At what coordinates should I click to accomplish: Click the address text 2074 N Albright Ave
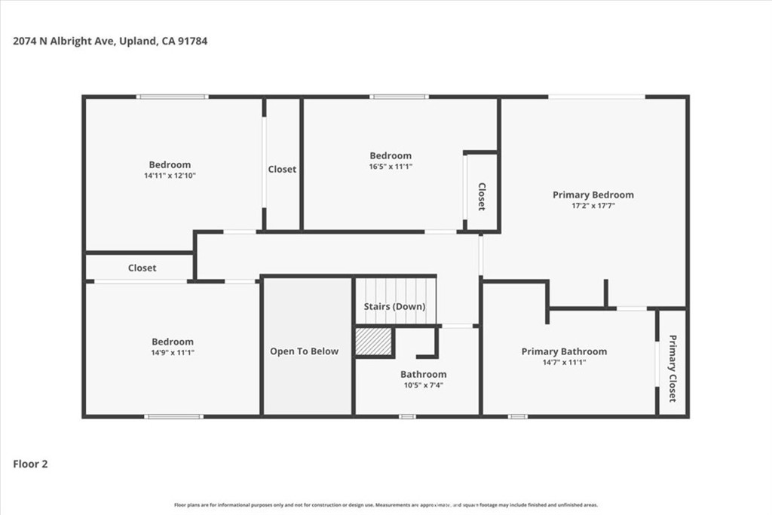pyautogui.click(x=64, y=41)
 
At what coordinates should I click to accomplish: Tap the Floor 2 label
pyautogui.click(x=30, y=464)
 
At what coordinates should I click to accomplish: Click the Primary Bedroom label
pyautogui.click(x=593, y=195)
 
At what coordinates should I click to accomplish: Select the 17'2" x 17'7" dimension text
pyautogui.click(x=593, y=206)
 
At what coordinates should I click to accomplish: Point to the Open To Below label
pyautogui.click(x=305, y=351)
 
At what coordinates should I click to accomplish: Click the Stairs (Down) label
pyautogui.click(x=394, y=306)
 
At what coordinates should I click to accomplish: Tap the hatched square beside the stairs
pyautogui.click(x=374, y=342)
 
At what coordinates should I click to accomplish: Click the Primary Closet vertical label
pyautogui.click(x=672, y=368)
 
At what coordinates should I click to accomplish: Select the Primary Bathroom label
pyautogui.click(x=564, y=351)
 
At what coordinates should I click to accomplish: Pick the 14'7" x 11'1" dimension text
pyautogui.click(x=564, y=363)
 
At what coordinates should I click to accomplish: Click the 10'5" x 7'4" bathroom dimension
pyautogui.click(x=424, y=385)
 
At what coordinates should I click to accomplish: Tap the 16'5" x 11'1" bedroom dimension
pyautogui.click(x=391, y=167)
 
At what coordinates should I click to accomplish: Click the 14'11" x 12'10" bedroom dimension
pyautogui.click(x=170, y=175)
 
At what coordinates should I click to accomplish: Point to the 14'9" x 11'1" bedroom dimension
pyautogui.click(x=173, y=353)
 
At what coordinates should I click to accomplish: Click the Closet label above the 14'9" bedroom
pyautogui.click(x=142, y=268)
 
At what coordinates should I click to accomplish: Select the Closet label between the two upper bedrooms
pyautogui.click(x=282, y=170)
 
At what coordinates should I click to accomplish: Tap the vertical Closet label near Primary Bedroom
pyautogui.click(x=482, y=197)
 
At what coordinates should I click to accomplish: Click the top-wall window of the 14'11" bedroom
pyautogui.click(x=173, y=97)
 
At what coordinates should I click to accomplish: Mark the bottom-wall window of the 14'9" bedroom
pyautogui.click(x=174, y=416)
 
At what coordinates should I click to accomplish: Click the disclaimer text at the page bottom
pyautogui.click(x=386, y=504)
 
